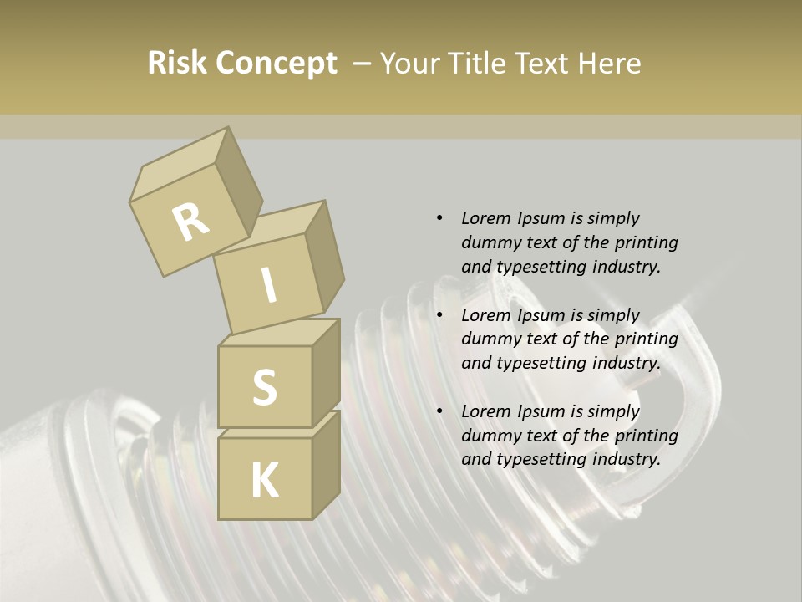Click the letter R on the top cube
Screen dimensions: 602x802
pyautogui.click(x=190, y=222)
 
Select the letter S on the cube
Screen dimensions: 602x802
pyautogui.click(x=264, y=387)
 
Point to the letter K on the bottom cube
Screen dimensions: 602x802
pyautogui.click(x=264, y=481)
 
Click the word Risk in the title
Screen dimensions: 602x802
pyautogui.click(x=177, y=64)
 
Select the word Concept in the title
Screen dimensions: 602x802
pyautogui.click(x=276, y=64)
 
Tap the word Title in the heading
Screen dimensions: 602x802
pyautogui.click(x=478, y=64)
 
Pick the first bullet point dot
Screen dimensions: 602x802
pyautogui.click(x=439, y=218)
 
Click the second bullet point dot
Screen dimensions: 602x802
pyautogui.click(x=439, y=315)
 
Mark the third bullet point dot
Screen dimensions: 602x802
pyautogui.click(x=439, y=411)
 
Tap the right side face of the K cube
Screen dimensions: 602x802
pyautogui.click(x=325, y=464)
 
